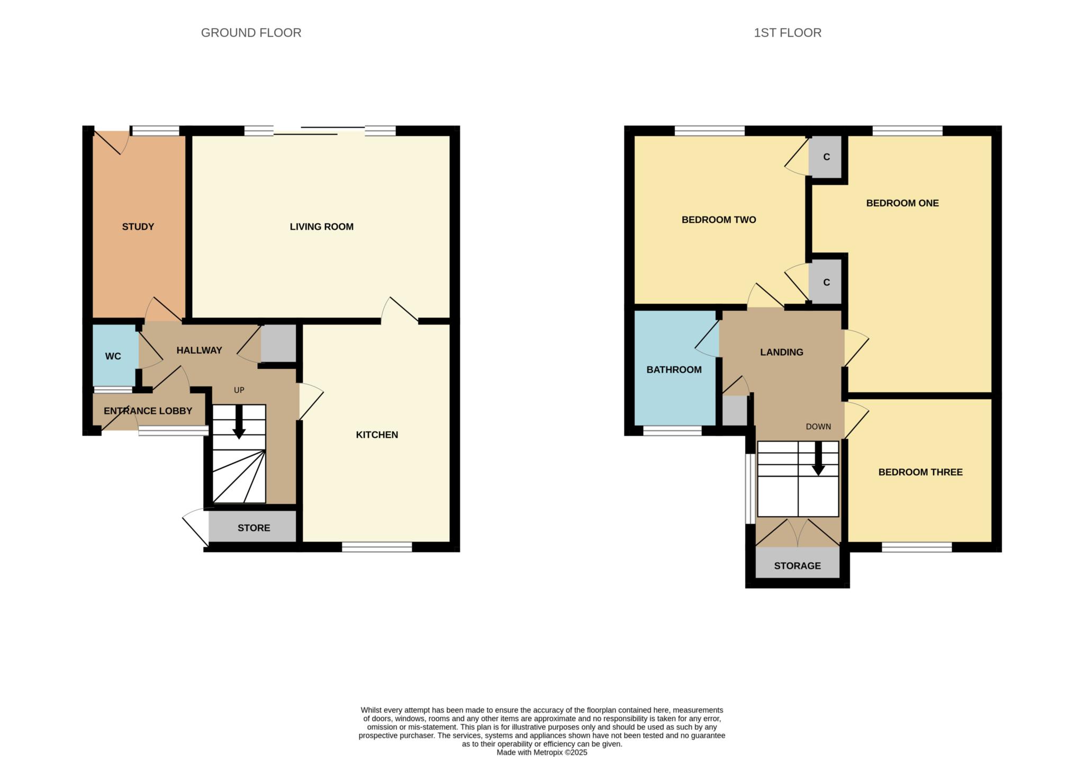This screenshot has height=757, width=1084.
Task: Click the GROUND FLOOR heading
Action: (x=251, y=33)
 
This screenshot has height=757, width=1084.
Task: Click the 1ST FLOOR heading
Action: (x=787, y=33)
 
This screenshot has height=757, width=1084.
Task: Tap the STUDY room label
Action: (x=138, y=227)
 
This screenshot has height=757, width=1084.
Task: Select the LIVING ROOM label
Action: (x=321, y=227)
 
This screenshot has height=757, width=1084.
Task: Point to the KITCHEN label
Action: (x=376, y=435)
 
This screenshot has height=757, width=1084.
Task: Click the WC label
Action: (x=113, y=356)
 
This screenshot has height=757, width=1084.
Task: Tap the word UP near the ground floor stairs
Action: (x=239, y=390)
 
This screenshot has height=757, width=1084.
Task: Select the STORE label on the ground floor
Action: (x=254, y=528)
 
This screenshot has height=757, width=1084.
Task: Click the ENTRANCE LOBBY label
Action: (x=148, y=411)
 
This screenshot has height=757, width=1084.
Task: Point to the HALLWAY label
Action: (x=199, y=350)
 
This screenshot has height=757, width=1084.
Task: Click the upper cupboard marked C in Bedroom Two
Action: (x=826, y=157)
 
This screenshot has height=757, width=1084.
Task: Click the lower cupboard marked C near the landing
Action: (x=826, y=282)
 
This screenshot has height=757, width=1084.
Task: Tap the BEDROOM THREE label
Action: (x=920, y=472)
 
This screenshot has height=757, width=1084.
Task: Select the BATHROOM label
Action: (x=674, y=370)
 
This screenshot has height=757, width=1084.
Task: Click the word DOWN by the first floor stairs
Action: (x=818, y=427)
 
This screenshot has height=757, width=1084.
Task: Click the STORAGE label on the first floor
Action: (x=797, y=566)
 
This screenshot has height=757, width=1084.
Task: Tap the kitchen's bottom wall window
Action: (x=377, y=547)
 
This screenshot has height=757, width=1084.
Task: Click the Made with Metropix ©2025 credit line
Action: (x=541, y=752)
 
